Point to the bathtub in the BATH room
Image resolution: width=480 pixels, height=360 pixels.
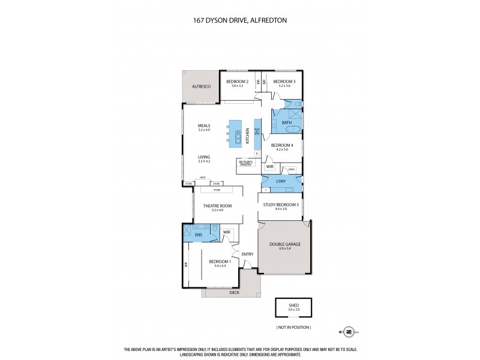tap(286, 131)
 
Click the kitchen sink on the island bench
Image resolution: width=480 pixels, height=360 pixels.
tap(238, 137)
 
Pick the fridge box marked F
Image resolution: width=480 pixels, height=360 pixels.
tap(257, 154)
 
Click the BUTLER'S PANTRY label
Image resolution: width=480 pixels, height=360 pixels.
tap(245, 163)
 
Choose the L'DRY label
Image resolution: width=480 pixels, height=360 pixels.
tap(281, 181)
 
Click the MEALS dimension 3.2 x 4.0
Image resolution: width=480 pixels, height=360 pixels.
tap(205, 130)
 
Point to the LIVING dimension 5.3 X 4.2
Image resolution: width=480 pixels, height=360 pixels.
tap(205, 161)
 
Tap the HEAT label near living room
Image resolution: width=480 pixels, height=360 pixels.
tap(203, 177)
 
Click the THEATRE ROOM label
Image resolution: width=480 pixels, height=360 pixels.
tap(217, 206)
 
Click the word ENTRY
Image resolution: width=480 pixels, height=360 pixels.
tap(247, 254)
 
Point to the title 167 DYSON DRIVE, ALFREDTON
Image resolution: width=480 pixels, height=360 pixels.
tap(240, 19)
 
